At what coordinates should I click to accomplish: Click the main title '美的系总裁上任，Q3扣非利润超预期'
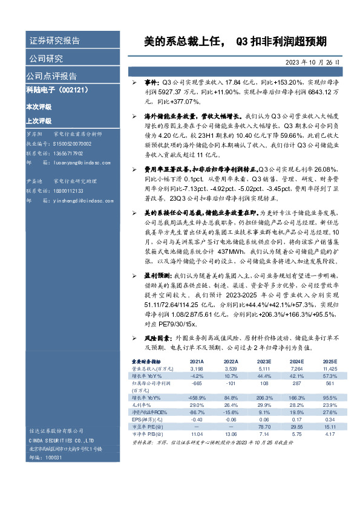pyautogui.click(x=235, y=42)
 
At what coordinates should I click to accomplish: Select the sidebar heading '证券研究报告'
pyautogui.click(x=54, y=41)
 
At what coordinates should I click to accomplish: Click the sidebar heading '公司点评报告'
pyautogui.click(x=51, y=76)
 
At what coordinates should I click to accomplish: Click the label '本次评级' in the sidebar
pyautogui.click(x=39, y=107)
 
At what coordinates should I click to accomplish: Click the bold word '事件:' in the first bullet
pyautogui.click(x=151, y=81)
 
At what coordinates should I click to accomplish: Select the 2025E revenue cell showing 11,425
pyautogui.click(x=329, y=368)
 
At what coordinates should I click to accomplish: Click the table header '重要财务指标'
pyautogui.click(x=147, y=361)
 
